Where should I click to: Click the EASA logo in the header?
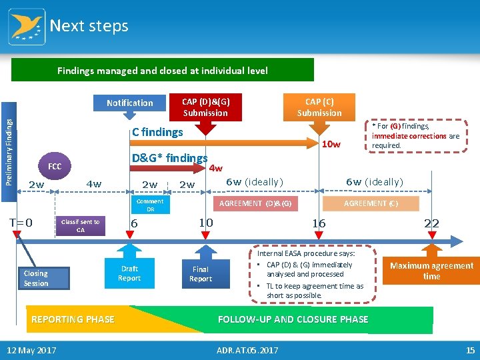[x=27, y=26]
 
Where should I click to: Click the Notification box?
[x=129, y=103]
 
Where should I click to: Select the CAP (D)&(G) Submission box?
[x=205, y=107]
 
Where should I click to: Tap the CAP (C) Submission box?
[x=319, y=107]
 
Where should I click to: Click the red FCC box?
[x=55, y=165]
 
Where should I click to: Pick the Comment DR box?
[x=150, y=205]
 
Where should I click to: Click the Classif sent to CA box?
[x=80, y=226]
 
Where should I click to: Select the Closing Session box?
[x=36, y=278]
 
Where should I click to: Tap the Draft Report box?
[x=129, y=273]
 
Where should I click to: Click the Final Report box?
[x=200, y=274]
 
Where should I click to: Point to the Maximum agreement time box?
[x=431, y=271]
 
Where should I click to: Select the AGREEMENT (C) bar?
[x=371, y=203]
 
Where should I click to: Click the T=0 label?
[x=21, y=223]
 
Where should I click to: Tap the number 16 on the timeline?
[x=319, y=223]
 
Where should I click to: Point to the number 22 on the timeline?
[x=431, y=223]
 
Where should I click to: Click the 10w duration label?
[x=331, y=145]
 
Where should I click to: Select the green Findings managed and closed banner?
[x=163, y=70]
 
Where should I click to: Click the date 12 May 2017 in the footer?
[x=31, y=351]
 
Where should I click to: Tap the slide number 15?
[x=470, y=351]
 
